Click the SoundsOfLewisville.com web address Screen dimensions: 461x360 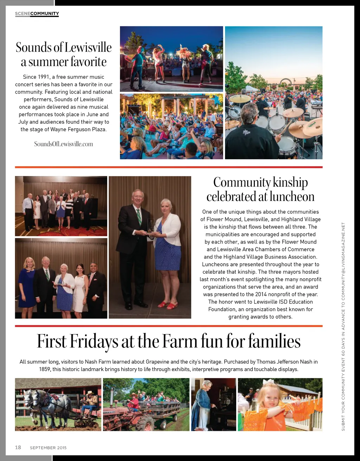(64, 144)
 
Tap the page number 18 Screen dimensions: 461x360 (18, 447)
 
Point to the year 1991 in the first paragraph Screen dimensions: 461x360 (43, 77)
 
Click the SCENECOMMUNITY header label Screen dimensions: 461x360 (37, 14)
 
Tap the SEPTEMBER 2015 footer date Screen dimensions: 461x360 (48, 448)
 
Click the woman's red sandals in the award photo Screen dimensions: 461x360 (168, 305)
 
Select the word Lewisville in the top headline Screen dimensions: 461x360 (88, 47)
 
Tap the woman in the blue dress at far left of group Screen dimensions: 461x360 (27, 285)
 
